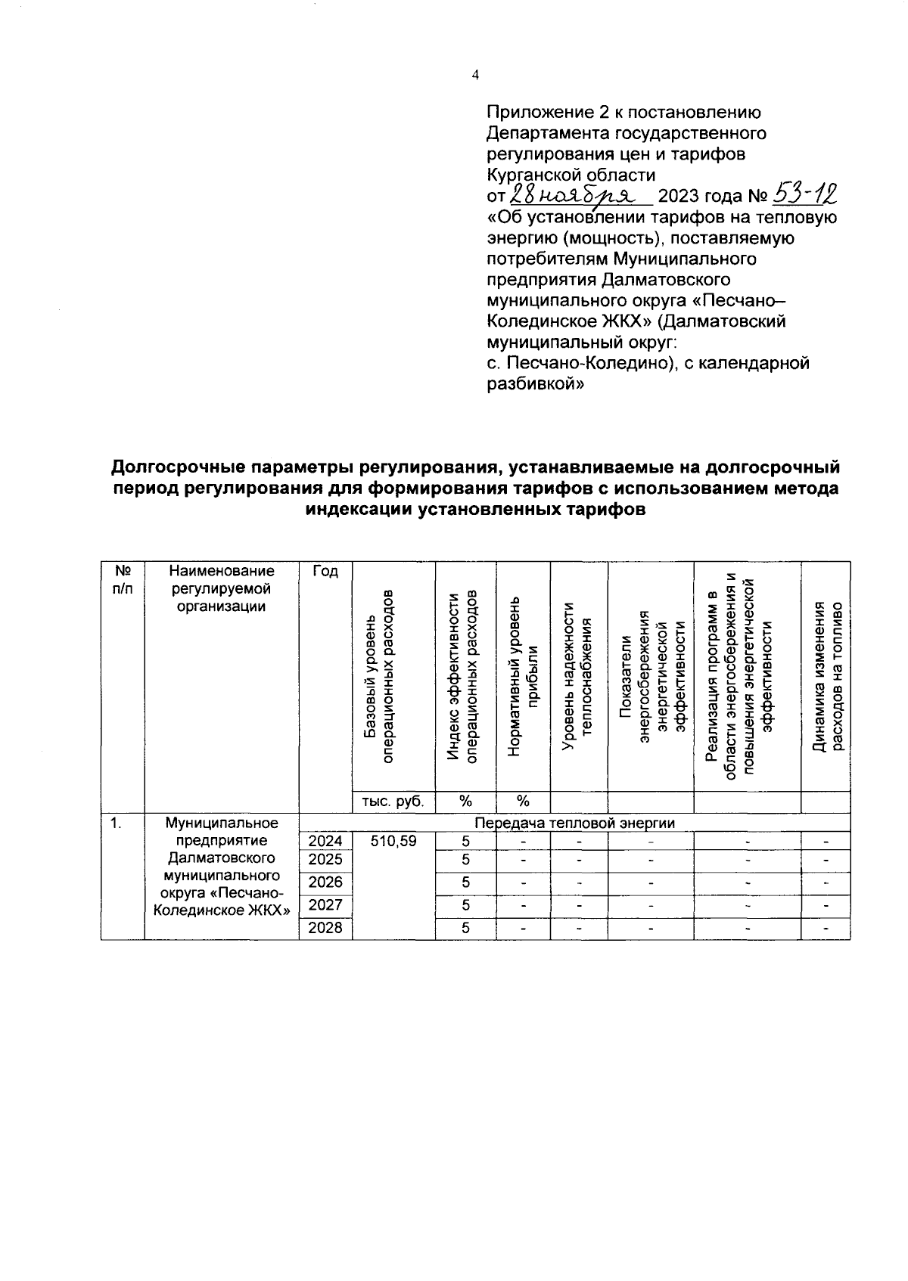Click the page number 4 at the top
click(475, 75)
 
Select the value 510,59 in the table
click(393, 841)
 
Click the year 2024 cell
click(325, 841)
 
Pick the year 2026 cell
click(325, 882)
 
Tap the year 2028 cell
click(325, 927)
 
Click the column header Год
click(325, 571)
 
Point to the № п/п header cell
click(122, 580)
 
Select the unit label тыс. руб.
click(393, 802)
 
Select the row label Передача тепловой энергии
click(574, 822)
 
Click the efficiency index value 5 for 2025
click(465, 860)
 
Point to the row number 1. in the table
click(116, 823)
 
